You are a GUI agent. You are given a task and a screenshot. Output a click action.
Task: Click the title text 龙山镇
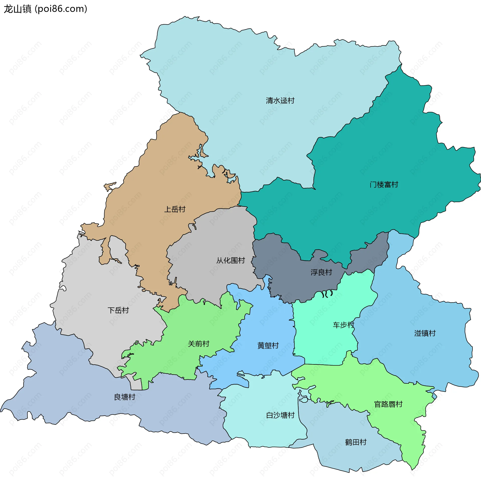point(17,9)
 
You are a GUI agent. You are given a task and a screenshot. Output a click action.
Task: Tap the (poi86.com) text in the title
point(61,9)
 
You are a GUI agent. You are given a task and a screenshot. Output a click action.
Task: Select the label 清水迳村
point(280,101)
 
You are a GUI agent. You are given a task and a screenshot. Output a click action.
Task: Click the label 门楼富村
point(384,185)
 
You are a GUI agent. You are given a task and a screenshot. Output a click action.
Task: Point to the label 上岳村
point(175,209)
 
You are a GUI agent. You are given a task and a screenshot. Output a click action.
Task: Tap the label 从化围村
point(230,261)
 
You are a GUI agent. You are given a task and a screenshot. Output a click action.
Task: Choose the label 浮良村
point(321,272)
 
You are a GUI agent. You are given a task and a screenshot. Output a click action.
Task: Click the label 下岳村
point(118,310)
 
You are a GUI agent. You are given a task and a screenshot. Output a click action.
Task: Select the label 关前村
point(199,344)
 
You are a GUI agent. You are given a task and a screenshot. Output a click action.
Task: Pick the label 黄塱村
point(268,345)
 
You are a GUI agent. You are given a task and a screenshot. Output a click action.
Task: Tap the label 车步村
point(343,325)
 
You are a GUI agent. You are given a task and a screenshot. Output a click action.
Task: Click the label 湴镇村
point(425,333)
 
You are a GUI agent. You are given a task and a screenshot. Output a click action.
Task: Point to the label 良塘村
point(125,397)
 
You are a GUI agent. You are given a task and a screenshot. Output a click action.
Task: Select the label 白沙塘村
point(280,415)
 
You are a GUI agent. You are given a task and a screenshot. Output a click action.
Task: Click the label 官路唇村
point(388,404)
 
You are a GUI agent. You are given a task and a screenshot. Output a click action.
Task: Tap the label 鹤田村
point(356,442)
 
